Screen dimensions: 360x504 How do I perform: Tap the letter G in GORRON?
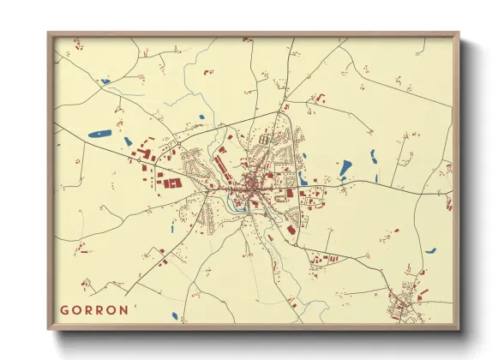63,309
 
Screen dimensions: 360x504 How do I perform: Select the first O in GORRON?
75,309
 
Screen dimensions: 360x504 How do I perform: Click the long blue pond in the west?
101,134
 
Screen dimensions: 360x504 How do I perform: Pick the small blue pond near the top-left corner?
105,82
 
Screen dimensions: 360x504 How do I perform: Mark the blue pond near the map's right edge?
430,251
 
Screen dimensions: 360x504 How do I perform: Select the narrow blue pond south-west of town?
172,227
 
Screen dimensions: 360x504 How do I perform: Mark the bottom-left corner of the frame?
49,329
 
